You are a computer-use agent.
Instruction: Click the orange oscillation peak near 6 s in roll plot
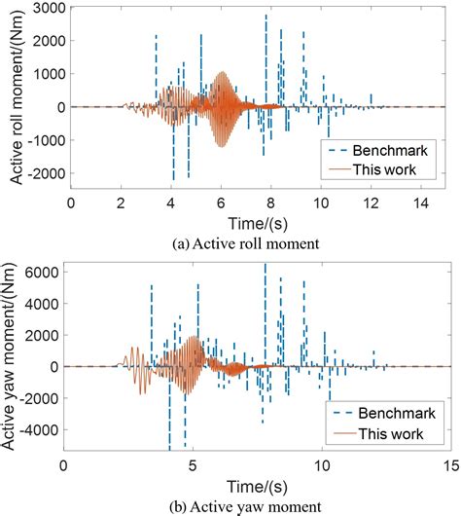point(223,73)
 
